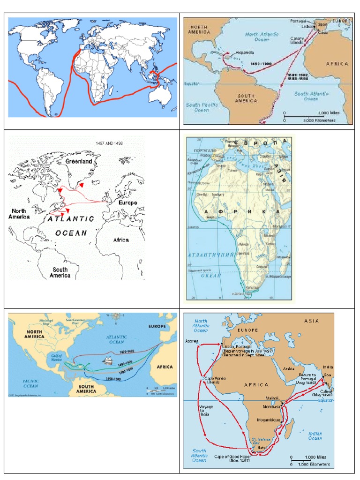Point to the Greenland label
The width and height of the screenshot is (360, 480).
[x=79, y=161]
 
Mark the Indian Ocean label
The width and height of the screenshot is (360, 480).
[x=315, y=435]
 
